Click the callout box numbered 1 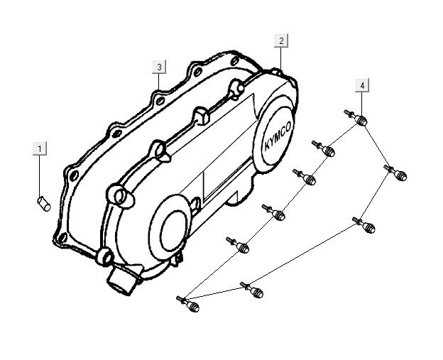(x=40, y=148)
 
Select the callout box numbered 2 (x=281, y=41)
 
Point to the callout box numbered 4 (x=362, y=86)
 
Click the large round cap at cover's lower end (x=170, y=226)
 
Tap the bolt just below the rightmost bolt (x=370, y=227)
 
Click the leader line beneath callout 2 (x=281, y=58)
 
